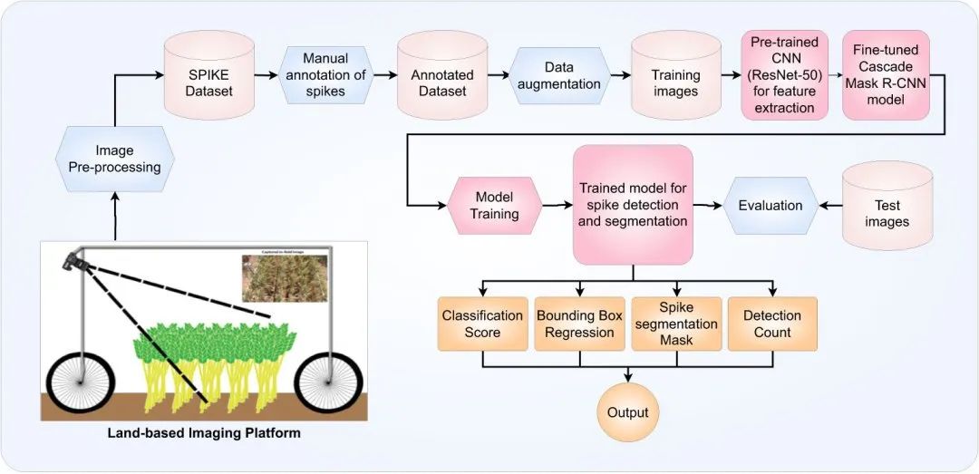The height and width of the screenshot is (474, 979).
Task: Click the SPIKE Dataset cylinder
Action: click(209, 77)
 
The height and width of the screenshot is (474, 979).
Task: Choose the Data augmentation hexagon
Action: click(559, 76)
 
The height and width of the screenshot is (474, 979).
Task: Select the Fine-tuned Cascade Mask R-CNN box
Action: click(886, 75)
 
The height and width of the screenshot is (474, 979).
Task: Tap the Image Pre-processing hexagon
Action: click(115, 158)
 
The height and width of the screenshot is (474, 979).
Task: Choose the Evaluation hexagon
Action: click(770, 205)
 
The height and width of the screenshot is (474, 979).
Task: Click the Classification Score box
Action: click(482, 324)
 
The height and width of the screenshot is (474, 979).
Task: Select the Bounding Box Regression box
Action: click(580, 324)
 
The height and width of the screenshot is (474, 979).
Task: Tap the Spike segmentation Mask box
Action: click(675, 324)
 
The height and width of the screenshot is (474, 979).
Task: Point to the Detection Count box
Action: click(772, 324)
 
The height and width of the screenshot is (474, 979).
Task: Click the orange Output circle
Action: click(628, 412)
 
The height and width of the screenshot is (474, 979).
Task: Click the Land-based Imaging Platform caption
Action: click(204, 433)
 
